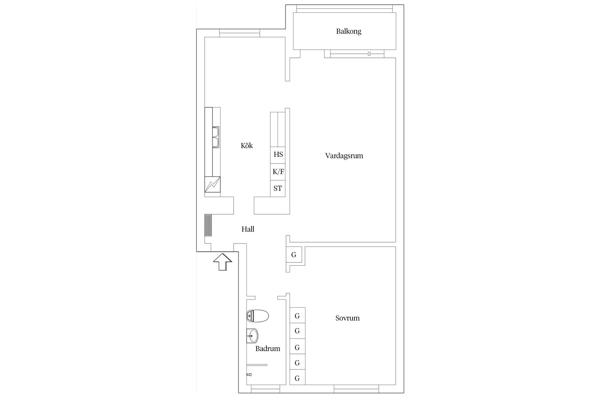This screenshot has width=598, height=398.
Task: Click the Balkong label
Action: [349, 31]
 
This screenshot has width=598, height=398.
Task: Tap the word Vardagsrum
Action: [344, 156]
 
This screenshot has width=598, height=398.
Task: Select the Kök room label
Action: [247, 146]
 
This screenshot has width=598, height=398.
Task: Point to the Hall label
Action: [248, 229]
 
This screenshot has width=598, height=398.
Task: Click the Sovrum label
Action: [348, 318]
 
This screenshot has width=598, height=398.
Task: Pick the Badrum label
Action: [268, 349]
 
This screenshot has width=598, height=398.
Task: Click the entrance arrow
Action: [222, 261]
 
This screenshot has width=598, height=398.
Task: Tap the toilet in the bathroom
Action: [258, 316]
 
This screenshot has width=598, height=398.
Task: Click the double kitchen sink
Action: [216, 137]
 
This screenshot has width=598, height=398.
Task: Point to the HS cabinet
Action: [278, 155]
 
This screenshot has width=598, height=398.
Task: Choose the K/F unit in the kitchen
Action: [278, 172]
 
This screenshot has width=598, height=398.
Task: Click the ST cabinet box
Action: [278, 188]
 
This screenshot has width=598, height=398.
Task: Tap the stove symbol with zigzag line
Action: [212, 184]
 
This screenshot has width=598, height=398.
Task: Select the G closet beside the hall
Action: [294, 255]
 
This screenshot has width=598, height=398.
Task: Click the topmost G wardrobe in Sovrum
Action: [297, 315]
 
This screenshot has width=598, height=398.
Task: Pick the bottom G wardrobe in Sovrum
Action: [297, 378]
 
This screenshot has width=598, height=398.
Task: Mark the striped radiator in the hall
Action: [208, 225]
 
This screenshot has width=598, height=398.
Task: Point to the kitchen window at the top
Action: [240, 33]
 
